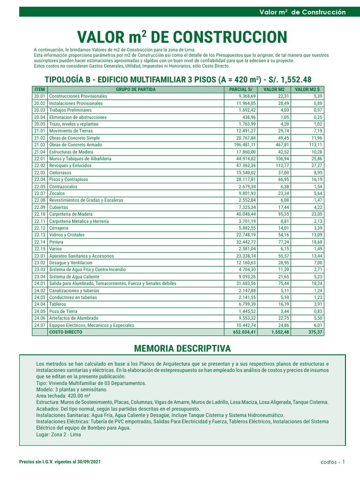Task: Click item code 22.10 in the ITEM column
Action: [39, 214]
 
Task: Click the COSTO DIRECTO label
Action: [65, 331]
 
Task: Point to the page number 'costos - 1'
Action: [333, 462]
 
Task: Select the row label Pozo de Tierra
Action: [65, 311]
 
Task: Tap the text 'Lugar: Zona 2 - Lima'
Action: [59, 435]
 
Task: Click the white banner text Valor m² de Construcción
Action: [302, 12]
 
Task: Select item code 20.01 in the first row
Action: [39, 96]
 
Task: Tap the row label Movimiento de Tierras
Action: [71, 131]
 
